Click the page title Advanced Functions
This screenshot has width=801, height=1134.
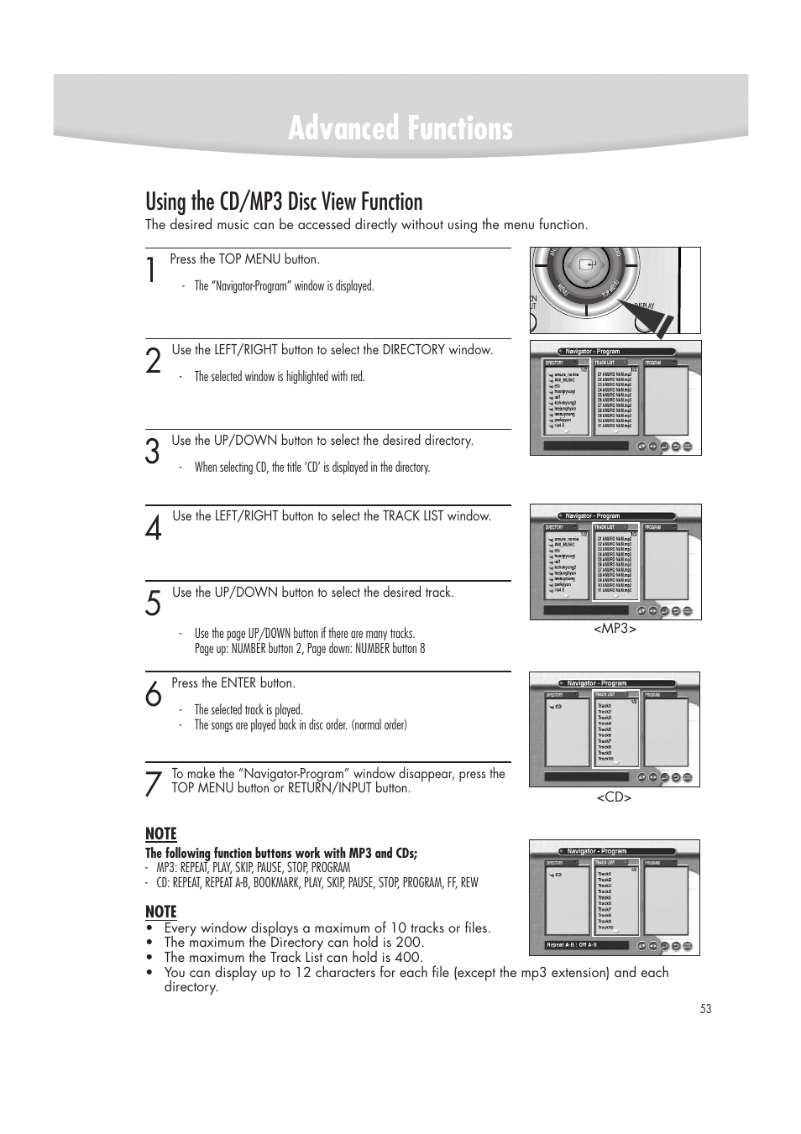400,129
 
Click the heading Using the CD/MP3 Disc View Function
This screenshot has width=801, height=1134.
284,202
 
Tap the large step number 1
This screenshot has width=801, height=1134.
150,272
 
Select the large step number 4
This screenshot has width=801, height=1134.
153,529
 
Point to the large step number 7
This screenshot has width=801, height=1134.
152,784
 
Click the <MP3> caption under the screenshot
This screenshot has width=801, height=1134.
615,629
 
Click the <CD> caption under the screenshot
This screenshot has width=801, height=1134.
614,797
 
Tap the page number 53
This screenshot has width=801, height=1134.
705,1009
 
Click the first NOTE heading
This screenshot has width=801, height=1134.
161,834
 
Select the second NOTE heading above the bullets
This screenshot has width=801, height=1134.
161,912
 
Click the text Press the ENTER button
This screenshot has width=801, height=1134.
233,683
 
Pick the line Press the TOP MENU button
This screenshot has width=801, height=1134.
244,259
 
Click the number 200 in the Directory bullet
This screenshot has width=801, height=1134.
410,943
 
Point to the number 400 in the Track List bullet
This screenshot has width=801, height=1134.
409,957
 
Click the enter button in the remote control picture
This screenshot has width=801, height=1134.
587,264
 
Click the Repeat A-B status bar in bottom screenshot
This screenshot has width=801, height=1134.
586,945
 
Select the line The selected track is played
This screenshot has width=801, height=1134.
249,710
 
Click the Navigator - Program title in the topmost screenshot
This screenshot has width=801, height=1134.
592,352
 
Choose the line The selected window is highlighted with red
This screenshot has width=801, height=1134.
280,377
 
